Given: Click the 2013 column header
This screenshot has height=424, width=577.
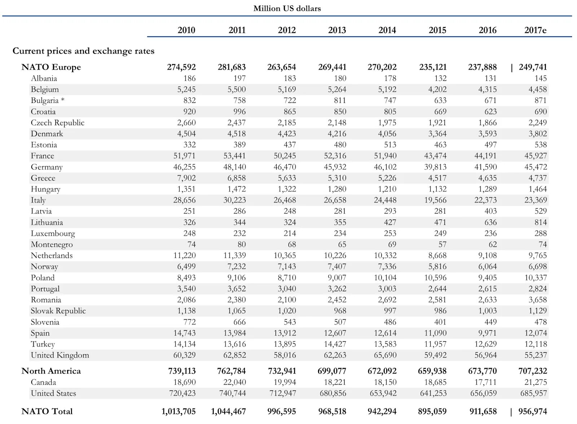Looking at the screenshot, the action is pyautogui.click(x=337, y=30).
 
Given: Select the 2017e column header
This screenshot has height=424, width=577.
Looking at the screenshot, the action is pyautogui.click(x=535, y=30).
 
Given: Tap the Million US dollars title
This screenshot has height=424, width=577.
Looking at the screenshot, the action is pyautogui.click(x=287, y=9).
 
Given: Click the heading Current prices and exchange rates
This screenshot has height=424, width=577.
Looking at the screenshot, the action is pyautogui.click(x=83, y=51).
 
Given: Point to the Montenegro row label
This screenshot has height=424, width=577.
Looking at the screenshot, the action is pyautogui.click(x=52, y=244).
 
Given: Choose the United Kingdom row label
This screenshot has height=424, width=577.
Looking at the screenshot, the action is pyautogui.click(x=60, y=355).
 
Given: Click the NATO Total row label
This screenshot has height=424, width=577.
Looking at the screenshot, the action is pyautogui.click(x=47, y=411).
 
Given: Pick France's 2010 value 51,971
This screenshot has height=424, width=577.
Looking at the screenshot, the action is pyautogui.click(x=184, y=156).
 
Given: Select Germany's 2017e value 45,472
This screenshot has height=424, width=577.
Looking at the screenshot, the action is pyautogui.click(x=536, y=167).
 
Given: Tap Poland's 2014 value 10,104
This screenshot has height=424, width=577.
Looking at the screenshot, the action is pyautogui.click(x=385, y=278).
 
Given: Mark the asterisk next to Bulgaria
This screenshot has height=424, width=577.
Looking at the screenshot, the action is pyautogui.click(x=63, y=100).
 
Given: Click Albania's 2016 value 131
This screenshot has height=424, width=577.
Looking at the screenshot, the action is pyautogui.click(x=490, y=78).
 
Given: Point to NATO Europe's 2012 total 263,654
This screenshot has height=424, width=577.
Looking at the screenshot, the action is pyautogui.click(x=282, y=67).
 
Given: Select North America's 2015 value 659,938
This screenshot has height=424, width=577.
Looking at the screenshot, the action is pyautogui.click(x=432, y=371).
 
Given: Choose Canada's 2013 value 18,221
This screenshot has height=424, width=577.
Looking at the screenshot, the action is pyautogui.click(x=335, y=382).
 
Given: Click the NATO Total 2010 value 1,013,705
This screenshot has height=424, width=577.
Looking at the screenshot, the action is pyautogui.click(x=179, y=411).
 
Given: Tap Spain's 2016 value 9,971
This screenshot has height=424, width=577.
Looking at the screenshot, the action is pyautogui.click(x=487, y=333).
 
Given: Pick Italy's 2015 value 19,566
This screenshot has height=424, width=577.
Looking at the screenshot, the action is pyautogui.click(x=435, y=200).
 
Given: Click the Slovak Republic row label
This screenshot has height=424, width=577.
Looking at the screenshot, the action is pyautogui.click(x=58, y=311).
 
